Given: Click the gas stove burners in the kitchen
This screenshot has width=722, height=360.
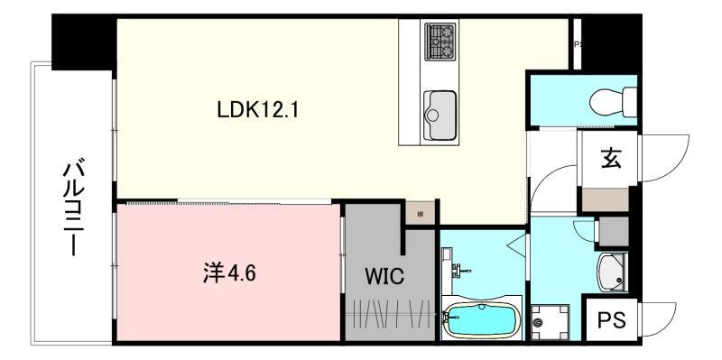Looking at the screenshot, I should click(440, 41).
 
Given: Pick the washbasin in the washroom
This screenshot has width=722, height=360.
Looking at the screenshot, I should click(612, 268).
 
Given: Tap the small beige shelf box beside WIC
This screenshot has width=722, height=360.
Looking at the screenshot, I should click(420, 213).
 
